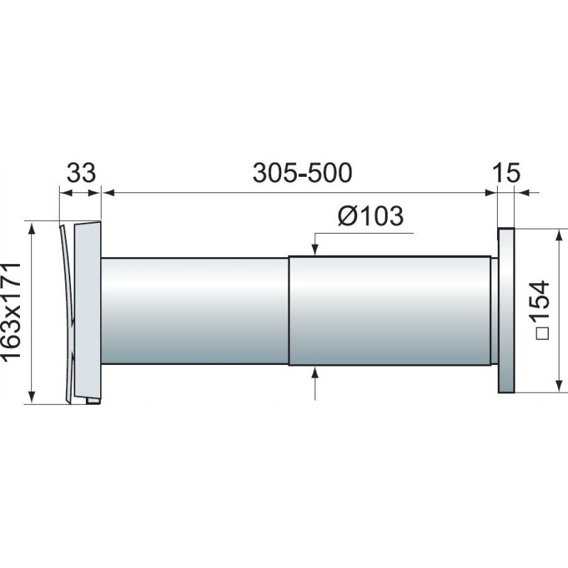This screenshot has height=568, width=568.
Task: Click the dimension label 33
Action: pos(81,173)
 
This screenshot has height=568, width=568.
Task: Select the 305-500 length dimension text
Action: pos(302,173)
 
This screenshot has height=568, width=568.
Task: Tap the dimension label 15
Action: pos(506,173)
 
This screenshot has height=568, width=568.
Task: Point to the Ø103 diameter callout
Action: pos(371,217)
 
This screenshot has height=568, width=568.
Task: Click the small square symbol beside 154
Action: pos(542,333)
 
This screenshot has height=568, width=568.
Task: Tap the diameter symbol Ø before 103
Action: pos(347,217)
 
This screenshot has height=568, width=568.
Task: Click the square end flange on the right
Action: pos(506,310)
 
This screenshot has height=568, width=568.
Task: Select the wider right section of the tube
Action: pos(389,310)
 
